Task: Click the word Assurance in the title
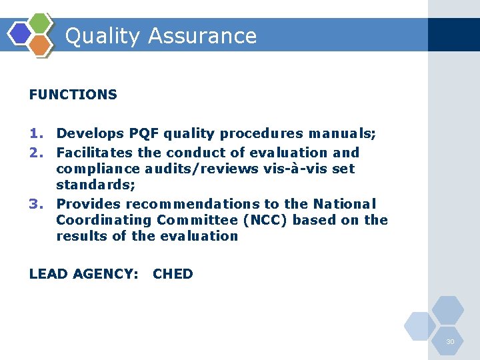[203, 35]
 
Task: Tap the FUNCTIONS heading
[73, 95]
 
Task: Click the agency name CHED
[173, 274]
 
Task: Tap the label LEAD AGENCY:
[84, 274]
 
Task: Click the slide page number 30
[450, 342]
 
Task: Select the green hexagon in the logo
[41, 23]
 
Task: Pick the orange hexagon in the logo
[40, 45]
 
